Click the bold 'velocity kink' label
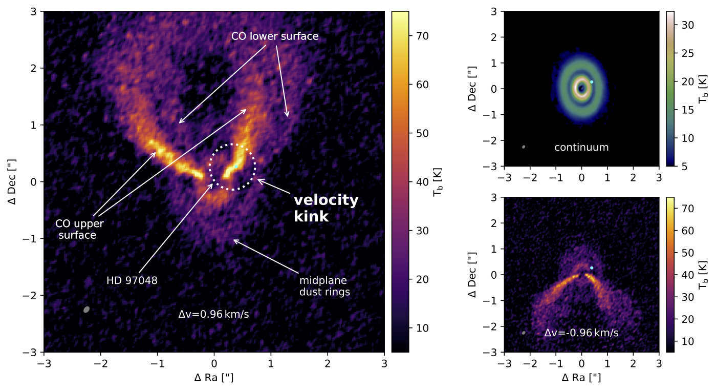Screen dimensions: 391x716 click(326, 208)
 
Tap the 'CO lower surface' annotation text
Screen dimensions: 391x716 click(275, 36)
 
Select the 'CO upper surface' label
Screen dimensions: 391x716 click(79, 230)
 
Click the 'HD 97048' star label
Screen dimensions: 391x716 click(132, 281)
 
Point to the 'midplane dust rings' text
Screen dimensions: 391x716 click(324, 286)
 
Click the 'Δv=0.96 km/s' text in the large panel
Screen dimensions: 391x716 click(213, 315)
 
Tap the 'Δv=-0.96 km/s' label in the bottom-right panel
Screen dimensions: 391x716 click(581, 333)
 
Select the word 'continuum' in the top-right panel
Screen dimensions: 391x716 click(581, 148)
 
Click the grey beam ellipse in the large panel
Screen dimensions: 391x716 click(86, 310)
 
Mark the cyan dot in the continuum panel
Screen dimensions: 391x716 click(592, 82)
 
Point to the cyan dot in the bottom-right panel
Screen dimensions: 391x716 click(592, 268)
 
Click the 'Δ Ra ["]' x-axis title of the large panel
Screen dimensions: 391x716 click(214, 378)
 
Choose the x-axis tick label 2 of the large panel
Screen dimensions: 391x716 click(328, 363)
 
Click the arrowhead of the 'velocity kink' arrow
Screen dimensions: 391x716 click(258, 179)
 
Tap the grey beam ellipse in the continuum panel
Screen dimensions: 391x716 click(524, 147)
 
